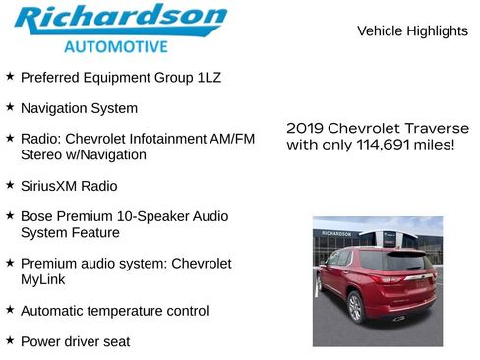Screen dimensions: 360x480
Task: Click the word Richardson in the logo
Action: [x=120, y=20]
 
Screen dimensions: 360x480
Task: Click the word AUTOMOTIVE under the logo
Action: [x=115, y=46]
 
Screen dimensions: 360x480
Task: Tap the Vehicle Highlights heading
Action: [x=412, y=31]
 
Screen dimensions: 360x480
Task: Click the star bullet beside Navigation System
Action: [x=10, y=106]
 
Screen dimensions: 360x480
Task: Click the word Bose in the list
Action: [x=37, y=214]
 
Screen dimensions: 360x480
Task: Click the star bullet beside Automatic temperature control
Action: [x=10, y=309]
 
